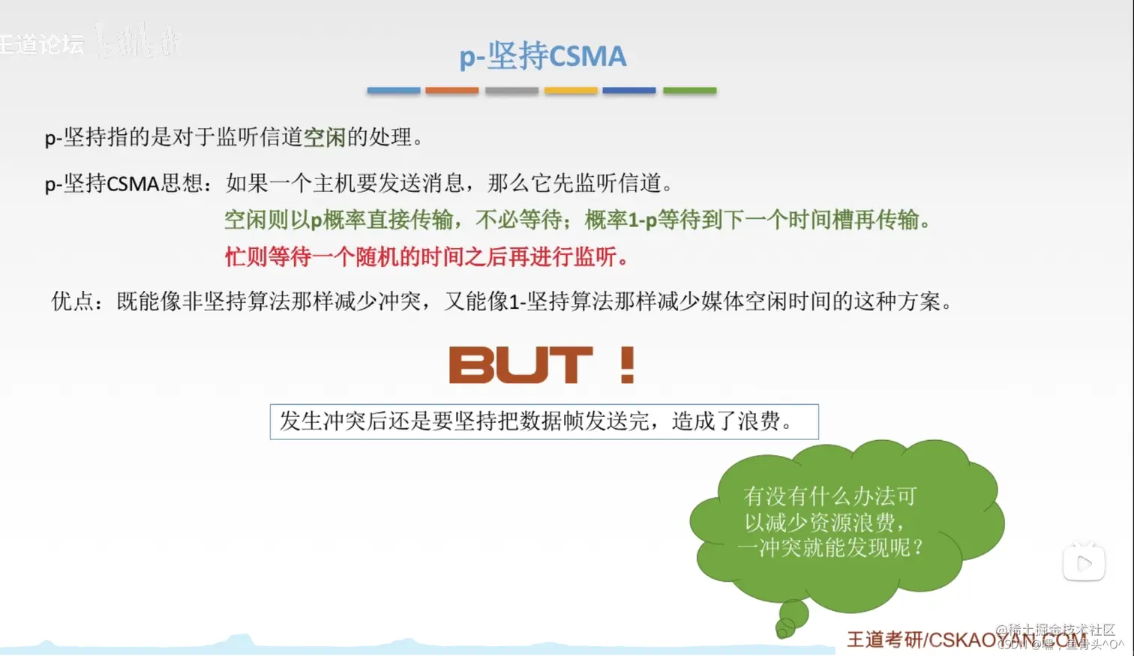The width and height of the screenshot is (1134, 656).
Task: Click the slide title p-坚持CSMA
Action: pos(542,56)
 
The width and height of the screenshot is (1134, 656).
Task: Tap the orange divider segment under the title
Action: pos(451,91)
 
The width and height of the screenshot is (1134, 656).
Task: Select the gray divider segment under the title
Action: pos(511,91)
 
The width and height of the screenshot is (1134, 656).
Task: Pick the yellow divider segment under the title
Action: pos(571,91)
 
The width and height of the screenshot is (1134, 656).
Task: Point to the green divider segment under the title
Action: pos(689,91)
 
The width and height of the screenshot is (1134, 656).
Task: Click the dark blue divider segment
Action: pos(629,91)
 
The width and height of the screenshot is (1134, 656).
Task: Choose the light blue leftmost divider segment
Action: pos(393,91)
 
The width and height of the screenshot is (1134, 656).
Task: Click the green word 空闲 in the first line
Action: pos(324,137)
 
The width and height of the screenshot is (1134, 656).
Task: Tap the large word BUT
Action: pos(520,365)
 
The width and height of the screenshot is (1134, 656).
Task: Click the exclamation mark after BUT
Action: pos(628,365)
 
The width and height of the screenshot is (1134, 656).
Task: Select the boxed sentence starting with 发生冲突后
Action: pos(543,421)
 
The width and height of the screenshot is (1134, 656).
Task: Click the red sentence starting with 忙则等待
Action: pos(426,257)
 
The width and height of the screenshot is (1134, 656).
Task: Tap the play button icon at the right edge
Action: pos(1084,563)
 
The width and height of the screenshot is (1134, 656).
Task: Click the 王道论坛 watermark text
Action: pos(41,44)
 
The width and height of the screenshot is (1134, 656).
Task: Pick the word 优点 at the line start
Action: pos(73,301)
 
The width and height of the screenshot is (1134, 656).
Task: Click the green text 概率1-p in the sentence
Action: pos(620,220)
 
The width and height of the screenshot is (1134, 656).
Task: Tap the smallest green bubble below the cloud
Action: pos(784,629)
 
